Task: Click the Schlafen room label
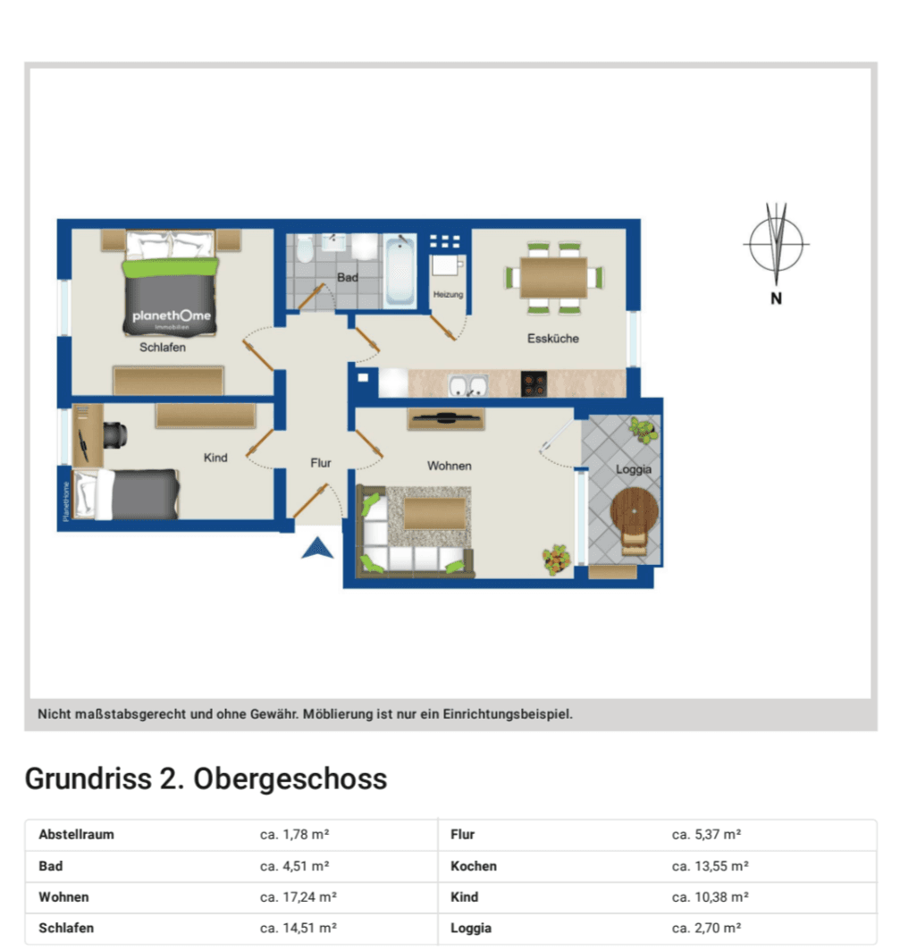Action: point(163,348)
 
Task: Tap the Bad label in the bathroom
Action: point(348,277)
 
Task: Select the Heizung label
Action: point(448,295)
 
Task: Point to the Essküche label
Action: point(553,339)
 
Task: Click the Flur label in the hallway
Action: point(321,463)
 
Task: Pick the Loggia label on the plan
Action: point(634,469)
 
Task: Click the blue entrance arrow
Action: point(317,548)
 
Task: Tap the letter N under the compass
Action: point(777,299)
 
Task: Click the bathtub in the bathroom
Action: point(400,271)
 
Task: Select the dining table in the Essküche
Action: point(554,278)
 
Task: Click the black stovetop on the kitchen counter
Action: point(534,384)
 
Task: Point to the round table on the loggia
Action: point(635,510)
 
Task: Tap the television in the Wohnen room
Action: point(446,417)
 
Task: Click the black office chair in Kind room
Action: point(115,435)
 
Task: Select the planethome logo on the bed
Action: point(172,316)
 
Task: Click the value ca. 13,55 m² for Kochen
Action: point(711,866)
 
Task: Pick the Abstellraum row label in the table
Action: point(77,835)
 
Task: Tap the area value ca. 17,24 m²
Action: point(299,897)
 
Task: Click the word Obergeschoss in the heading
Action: point(290,779)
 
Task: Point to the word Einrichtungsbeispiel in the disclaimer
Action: point(508,714)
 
